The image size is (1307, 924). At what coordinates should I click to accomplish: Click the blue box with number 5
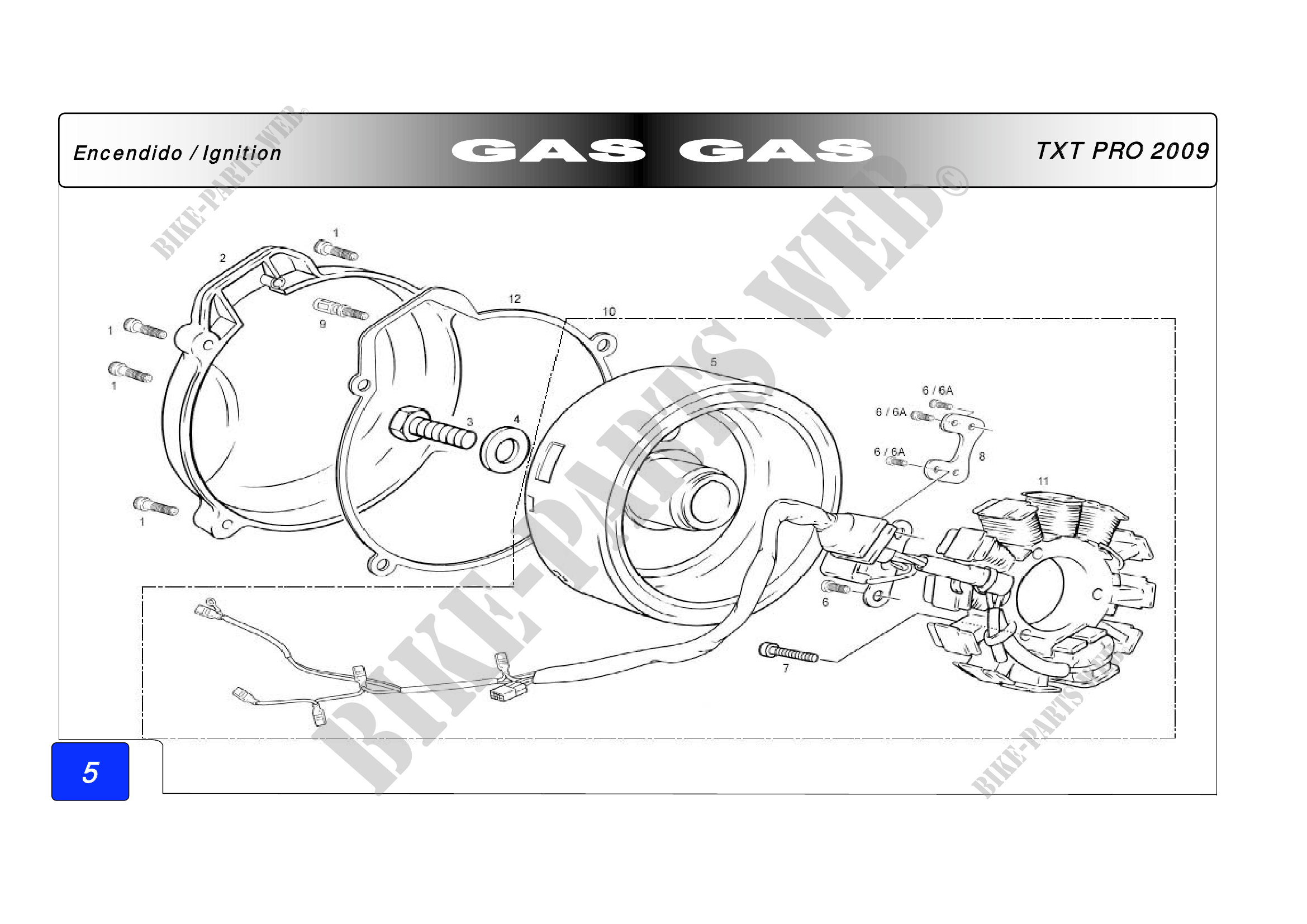click(x=91, y=771)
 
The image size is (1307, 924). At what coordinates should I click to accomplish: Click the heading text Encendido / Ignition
click(x=178, y=153)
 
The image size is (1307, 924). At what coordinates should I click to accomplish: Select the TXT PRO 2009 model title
click(x=1122, y=151)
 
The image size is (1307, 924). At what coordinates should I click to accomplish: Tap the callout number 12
click(x=514, y=298)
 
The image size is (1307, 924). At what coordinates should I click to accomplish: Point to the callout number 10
click(x=609, y=311)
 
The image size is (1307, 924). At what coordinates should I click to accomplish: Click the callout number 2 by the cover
click(x=222, y=258)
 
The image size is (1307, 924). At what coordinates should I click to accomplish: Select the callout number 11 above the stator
click(x=1043, y=481)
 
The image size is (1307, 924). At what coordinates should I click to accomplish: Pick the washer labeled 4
click(x=505, y=450)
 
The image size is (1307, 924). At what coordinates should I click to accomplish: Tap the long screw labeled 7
click(x=788, y=652)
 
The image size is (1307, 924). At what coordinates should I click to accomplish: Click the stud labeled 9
click(x=341, y=309)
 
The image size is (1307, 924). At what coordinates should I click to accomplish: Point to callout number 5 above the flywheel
click(x=713, y=362)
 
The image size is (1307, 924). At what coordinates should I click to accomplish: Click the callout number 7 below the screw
click(x=786, y=669)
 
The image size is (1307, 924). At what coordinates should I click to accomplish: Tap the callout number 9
click(x=322, y=324)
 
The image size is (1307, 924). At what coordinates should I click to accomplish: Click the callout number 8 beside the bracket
click(x=982, y=456)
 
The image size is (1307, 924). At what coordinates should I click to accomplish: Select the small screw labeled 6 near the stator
click(x=835, y=586)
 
